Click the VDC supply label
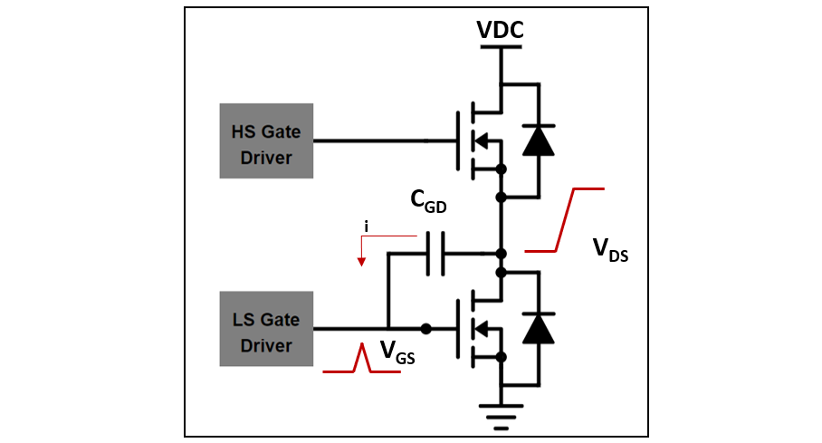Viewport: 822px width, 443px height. (x=501, y=31)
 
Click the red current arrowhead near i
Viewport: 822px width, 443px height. (x=362, y=262)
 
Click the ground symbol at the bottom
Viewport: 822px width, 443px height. (x=500, y=412)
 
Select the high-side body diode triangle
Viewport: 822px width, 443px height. (x=540, y=140)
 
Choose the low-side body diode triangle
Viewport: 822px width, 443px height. (x=540, y=328)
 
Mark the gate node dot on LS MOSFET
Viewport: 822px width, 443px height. (x=425, y=328)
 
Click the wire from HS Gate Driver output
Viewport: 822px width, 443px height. (x=371, y=140)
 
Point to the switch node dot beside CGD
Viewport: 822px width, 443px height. (x=500, y=253)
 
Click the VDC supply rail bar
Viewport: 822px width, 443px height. (x=500, y=49)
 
